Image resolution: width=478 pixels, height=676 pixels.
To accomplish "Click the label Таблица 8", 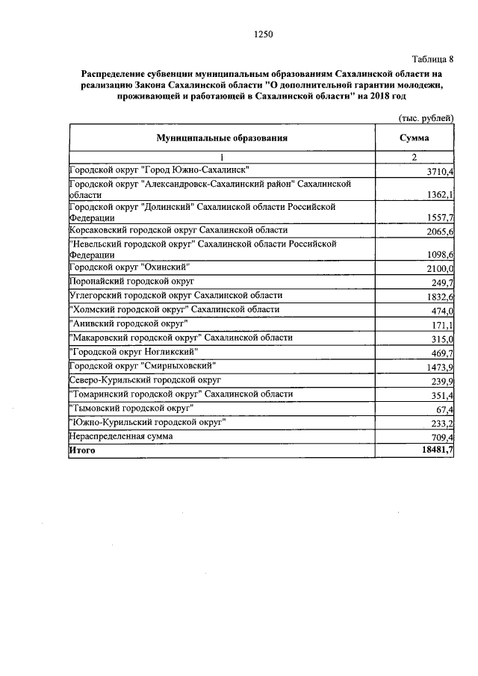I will (x=432, y=59).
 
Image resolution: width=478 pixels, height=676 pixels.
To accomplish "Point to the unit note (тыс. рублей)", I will (x=423, y=118).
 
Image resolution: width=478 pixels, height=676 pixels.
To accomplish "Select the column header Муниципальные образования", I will (x=222, y=138).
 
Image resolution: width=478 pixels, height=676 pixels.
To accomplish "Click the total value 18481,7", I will (x=438, y=450).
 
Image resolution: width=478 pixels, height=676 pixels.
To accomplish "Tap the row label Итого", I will (x=83, y=450).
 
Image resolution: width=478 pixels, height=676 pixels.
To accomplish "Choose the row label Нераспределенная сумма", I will (x=120, y=435).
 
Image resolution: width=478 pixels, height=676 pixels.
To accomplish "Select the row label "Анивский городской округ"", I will (x=128, y=323).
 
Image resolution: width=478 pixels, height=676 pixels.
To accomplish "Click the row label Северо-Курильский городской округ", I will (x=145, y=380).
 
